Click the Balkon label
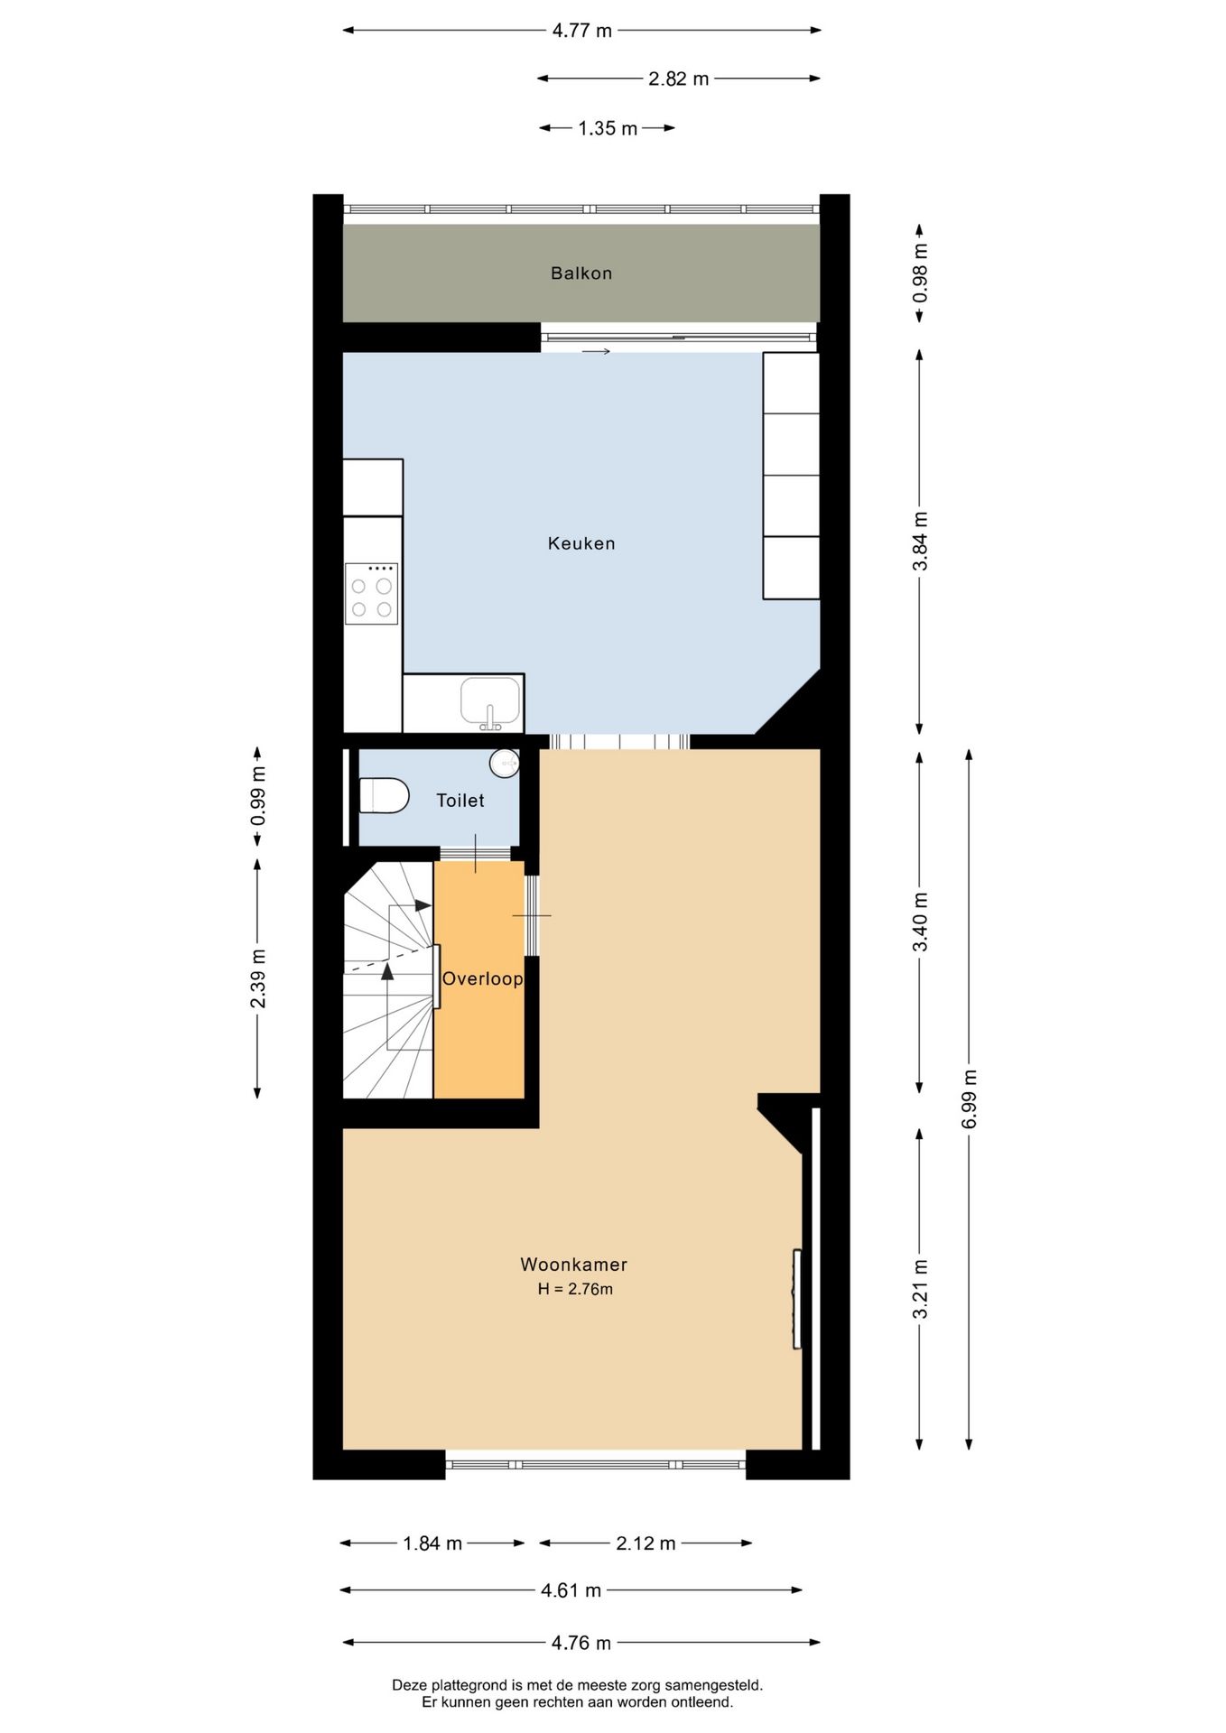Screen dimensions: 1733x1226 click(x=581, y=273)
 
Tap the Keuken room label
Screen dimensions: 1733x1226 click(x=581, y=543)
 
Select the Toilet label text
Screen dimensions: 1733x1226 click(x=460, y=801)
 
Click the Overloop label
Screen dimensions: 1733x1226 click(x=482, y=979)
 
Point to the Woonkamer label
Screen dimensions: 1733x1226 click(x=573, y=1265)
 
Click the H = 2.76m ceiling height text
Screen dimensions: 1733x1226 click(x=575, y=1289)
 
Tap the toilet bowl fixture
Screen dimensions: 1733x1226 click(x=384, y=795)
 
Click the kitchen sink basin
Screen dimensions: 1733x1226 click(x=490, y=702)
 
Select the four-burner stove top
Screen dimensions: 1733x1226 click(x=371, y=594)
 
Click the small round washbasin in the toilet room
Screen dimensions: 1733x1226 click(x=505, y=764)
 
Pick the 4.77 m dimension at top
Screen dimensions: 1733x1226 click(x=581, y=31)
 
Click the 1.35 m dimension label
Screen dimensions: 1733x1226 click(x=608, y=128)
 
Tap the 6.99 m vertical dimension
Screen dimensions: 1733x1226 click(x=969, y=1098)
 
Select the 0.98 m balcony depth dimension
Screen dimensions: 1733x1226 click(x=920, y=273)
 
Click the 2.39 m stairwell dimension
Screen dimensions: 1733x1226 click(x=258, y=978)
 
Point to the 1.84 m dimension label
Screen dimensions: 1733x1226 click(x=432, y=1543)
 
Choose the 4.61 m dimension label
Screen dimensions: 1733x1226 click(x=571, y=1590)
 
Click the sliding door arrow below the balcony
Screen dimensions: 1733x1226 click(x=596, y=351)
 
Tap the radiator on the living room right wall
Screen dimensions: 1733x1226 click(x=796, y=1299)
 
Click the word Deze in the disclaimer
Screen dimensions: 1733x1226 click(x=409, y=1685)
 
